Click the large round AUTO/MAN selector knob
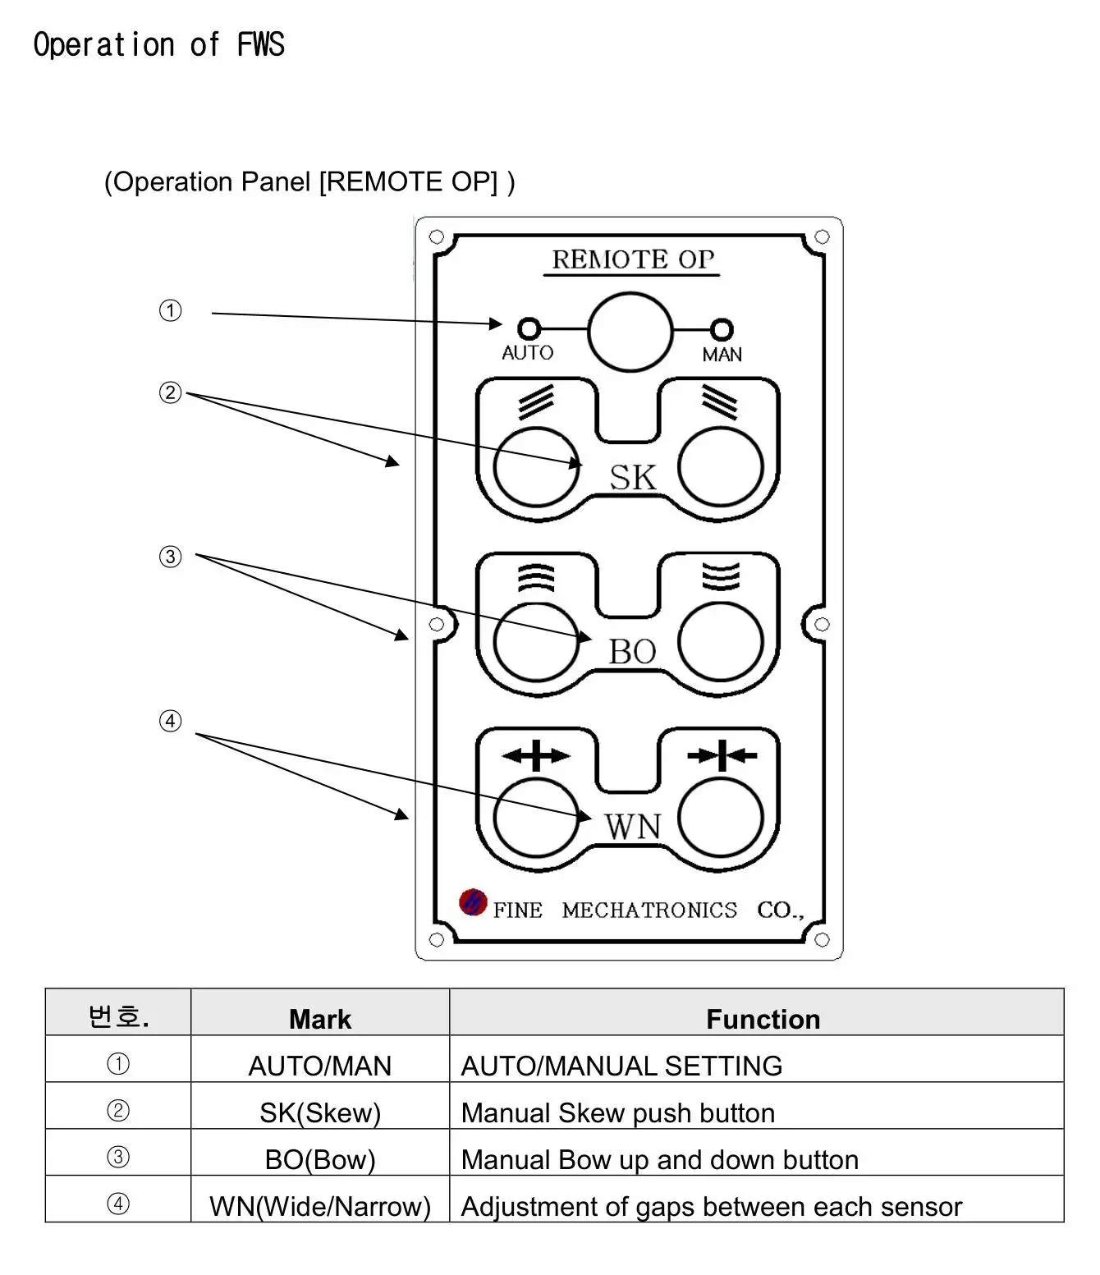pyautogui.click(x=630, y=332)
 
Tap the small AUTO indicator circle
pyautogui.click(x=529, y=328)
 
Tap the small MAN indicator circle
pyautogui.click(x=722, y=329)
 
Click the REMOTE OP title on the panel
pyautogui.click(x=632, y=259)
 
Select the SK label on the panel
pyautogui.click(x=632, y=477)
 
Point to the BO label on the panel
pyautogui.click(x=632, y=651)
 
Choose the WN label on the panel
pyautogui.click(x=632, y=827)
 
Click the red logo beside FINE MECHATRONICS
pyautogui.click(x=473, y=902)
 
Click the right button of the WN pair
pyautogui.click(x=720, y=818)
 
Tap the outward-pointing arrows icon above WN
pyautogui.click(x=535, y=755)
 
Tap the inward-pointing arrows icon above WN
pyautogui.click(x=722, y=755)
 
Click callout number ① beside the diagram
pyautogui.click(x=170, y=310)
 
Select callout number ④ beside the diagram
pyautogui.click(x=170, y=721)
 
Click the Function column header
pyautogui.click(x=763, y=1018)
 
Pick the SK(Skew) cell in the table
pyautogui.click(x=320, y=1112)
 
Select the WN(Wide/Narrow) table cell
pyautogui.click(x=320, y=1206)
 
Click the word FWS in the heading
pyautogui.click(x=261, y=44)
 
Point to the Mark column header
pyautogui.click(x=320, y=1018)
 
